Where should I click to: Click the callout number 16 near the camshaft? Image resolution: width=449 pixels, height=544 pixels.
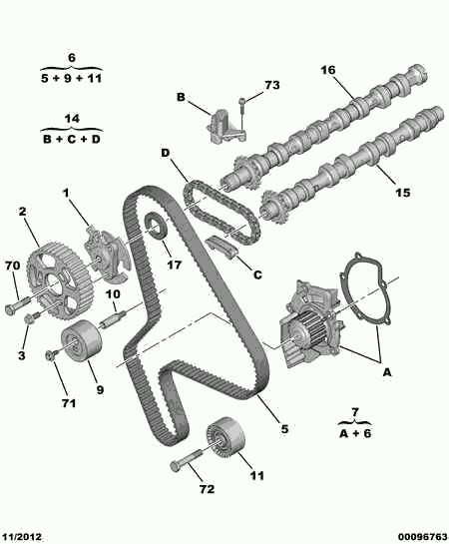(328, 70)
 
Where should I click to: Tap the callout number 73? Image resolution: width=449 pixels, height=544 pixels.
(271, 86)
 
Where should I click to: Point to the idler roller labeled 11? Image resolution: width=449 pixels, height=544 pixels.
(225, 437)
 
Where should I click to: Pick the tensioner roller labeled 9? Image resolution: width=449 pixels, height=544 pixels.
(81, 341)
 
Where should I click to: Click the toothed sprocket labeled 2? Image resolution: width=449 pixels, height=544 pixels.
(60, 282)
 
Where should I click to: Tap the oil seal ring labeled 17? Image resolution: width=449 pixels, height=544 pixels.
(155, 227)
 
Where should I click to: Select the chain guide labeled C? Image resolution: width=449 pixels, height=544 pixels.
(222, 247)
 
